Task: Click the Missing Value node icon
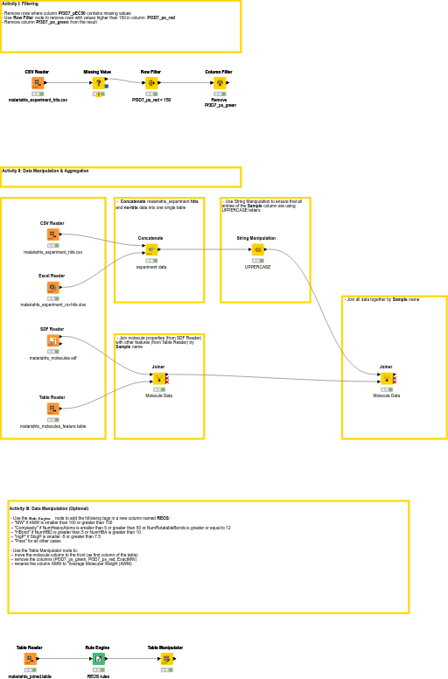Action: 98,83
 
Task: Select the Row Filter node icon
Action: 150,83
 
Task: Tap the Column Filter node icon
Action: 219,83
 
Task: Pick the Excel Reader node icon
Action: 52,287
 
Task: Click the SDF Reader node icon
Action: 52,340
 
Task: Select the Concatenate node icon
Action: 151,249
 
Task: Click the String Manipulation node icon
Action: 257,249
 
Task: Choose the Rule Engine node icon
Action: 98,659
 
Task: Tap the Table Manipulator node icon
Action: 166,659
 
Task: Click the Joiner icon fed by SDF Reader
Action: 158,379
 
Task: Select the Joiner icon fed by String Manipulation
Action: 387,379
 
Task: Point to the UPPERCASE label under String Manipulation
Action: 257,267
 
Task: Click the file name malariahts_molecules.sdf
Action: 52,358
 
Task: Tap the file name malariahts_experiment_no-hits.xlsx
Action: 52,304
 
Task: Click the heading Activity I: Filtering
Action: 19,3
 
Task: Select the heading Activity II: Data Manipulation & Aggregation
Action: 45,171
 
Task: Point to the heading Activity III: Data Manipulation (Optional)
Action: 48,508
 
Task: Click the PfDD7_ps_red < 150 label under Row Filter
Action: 151,101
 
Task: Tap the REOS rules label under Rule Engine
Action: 98,676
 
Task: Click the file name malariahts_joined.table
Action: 30,676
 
